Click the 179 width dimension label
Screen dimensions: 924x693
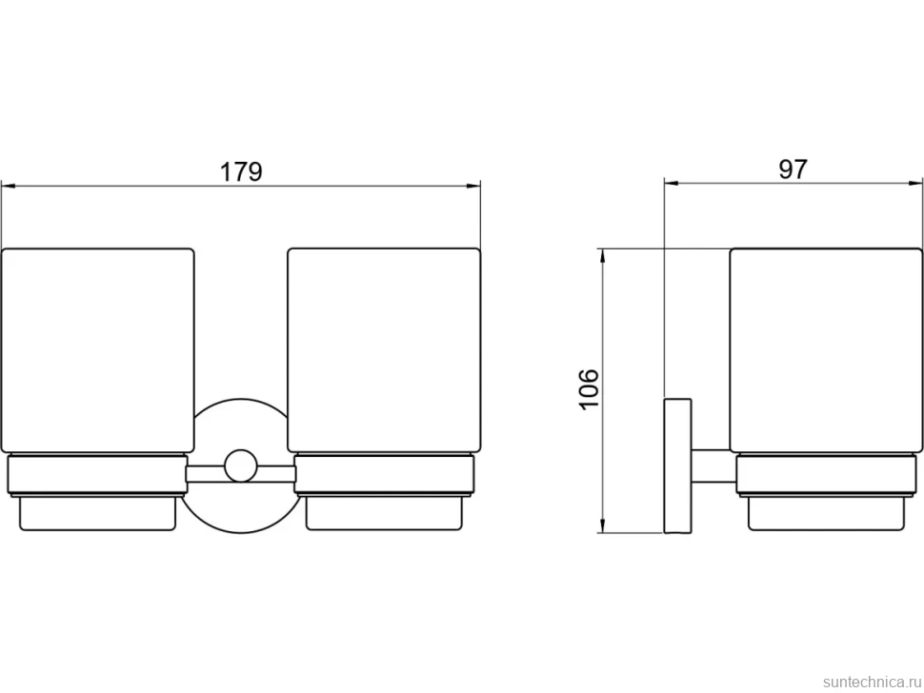click(x=241, y=172)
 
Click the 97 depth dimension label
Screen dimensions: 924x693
click(x=793, y=169)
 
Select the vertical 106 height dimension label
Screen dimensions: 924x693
click(x=589, y=388)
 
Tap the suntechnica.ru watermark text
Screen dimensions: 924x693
click(x=872, y=682)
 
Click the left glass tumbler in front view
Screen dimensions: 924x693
click(x=98, y=351)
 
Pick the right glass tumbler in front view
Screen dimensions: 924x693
click(x=384, y=351)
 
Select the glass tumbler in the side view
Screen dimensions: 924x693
click(x=826, y=351)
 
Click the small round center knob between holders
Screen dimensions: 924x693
click(x=240, y=466)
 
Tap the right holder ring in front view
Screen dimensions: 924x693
click(x=384, y=475)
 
